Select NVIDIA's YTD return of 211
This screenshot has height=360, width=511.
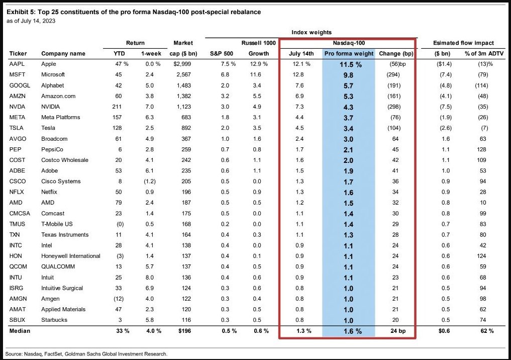click(x=121, y=107)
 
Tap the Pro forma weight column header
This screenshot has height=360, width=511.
click(x=348, y=53)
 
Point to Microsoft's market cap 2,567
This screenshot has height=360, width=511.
click(x=183, y=74)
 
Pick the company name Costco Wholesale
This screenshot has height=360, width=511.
click(x=65, y=160)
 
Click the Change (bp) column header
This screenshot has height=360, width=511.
click(x=397, y=53)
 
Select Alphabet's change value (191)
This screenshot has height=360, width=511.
click(x=397, y=85)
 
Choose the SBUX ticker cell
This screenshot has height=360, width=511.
click(x=17, y=320)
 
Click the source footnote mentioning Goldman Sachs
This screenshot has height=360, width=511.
click(x=86, y=353)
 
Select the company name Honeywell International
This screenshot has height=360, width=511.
click(x=71, y=256)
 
